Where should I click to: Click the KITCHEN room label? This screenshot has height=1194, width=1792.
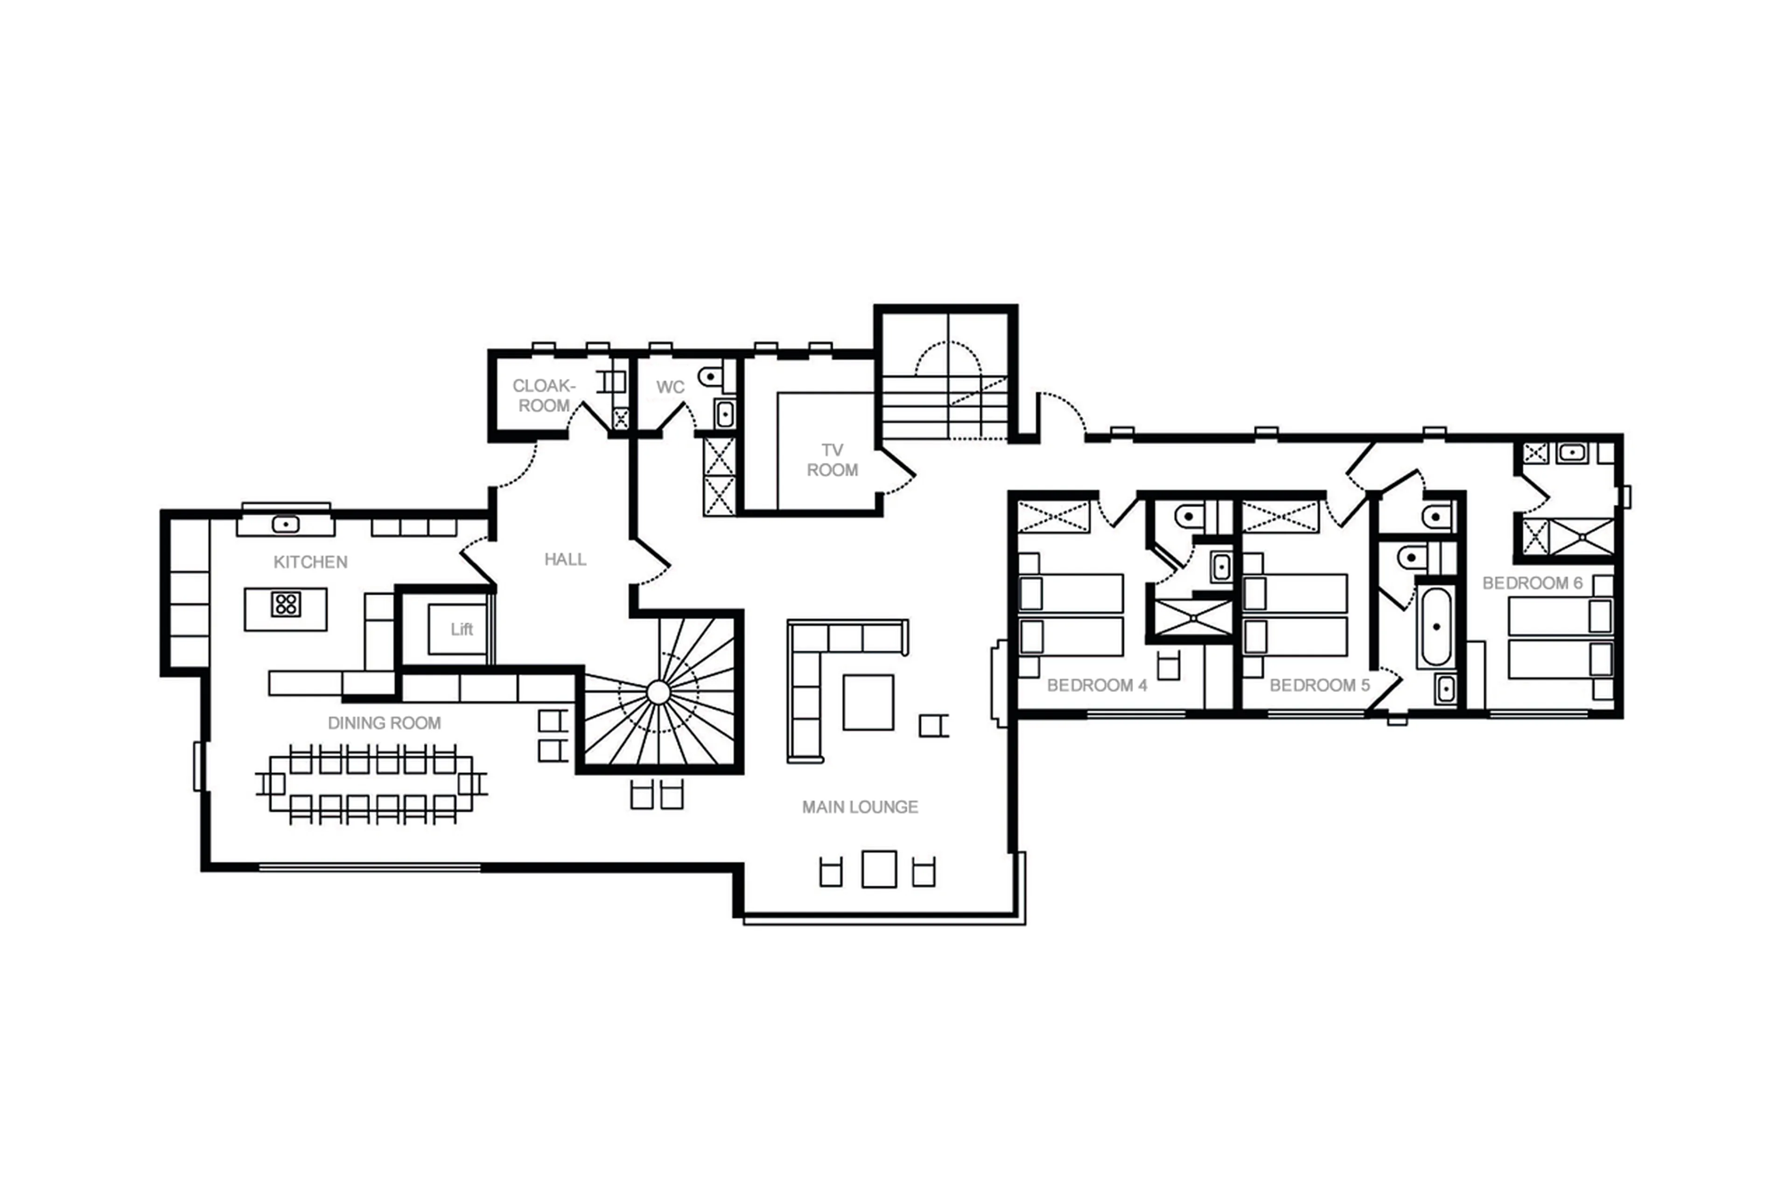click(310, 562)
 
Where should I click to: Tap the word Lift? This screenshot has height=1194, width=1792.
click(462, 629)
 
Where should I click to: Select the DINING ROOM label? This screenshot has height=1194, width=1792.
click(384, 723)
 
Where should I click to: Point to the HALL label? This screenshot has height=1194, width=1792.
click(565, 560)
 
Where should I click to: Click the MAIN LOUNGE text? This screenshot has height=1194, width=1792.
click(860, 807)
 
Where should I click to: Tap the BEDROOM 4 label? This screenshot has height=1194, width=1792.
click(1097, 685)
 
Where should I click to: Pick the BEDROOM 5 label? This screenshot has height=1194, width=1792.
click(1319, 685)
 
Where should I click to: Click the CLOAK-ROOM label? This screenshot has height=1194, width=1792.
click(544, 396)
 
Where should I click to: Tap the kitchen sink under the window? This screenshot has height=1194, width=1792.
click(286, 524)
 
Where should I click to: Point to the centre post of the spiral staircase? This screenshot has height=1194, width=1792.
click(658, 693)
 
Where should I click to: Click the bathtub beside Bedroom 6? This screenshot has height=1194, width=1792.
click(1435, 627)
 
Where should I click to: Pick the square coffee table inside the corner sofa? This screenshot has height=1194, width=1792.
click(868, 702)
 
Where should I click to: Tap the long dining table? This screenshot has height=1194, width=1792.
click(371, 783)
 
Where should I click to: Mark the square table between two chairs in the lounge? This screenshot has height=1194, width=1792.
click(879, 869)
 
